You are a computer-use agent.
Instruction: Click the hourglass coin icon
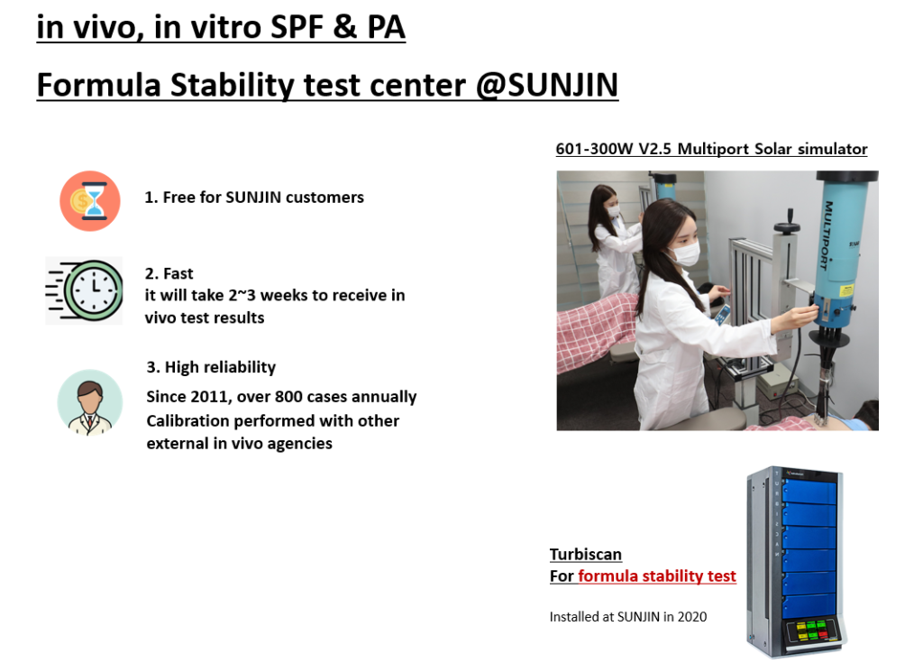pyautogui.click(x=90, y=201)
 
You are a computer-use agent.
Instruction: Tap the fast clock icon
pyautogui.click(x=84, y=290)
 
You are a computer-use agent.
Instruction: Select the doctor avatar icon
pyautogui.click(x=90, y=403)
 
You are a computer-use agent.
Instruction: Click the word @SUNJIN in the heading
pyautogui.click(x=547, y=85)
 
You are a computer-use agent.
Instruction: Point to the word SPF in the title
pyautogui.click(x=297, y=27)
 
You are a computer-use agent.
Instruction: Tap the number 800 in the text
pyautogui.click(x=288, y=397)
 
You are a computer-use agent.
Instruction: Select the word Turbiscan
pyautogui.click(x=586, y=555)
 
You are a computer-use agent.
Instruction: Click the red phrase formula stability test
pyautogui.click(x=657, y=576)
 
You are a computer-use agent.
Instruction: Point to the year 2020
pyautogui.click(x=692, y=616)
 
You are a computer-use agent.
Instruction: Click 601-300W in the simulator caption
pyautogui.click(x=594, y=149)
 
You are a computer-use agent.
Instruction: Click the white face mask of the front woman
pyautogui.click(x=685, y=254)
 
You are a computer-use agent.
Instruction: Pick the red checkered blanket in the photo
pyautogui.click(x=596, y=330)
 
